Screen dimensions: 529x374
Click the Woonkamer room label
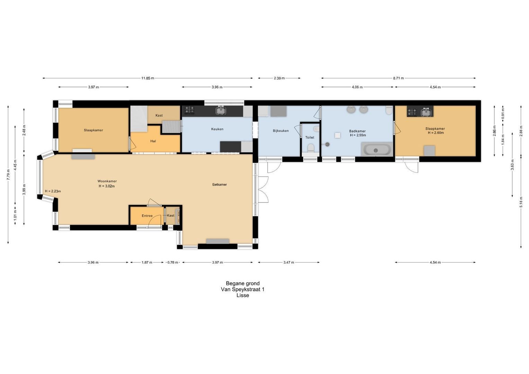(x=107, y=181)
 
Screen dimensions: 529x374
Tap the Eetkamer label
(x=219, y=184)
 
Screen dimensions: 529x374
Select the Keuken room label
(x=217, y=129)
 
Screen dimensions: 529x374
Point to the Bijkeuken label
(x=281, y=131)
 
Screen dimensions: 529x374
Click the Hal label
(x=153, y=141)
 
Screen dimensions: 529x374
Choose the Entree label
(x=147, y=215)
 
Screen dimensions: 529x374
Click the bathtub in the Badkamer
(x=377, y=150)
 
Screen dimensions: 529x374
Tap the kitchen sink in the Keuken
(x=221, y=110)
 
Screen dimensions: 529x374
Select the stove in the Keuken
(x=189, y=110)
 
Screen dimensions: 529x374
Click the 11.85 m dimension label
(x=148, y=78)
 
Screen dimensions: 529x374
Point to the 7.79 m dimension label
(x=8, y=175)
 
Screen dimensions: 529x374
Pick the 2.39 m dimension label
(x=279, y=78)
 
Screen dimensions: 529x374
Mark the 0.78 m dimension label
(x=173, y=262)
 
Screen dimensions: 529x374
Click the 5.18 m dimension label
(x=521, y=202)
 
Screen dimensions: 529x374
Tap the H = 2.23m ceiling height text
(x=53, y=191)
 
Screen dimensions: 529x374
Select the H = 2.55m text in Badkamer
(x=358, y=135)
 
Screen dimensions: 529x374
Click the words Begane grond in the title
(x=243, y=283)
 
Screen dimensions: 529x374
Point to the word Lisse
(x=243, y=295)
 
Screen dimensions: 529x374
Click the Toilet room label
(x=310, y=137)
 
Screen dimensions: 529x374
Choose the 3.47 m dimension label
(x=289, y=262)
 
